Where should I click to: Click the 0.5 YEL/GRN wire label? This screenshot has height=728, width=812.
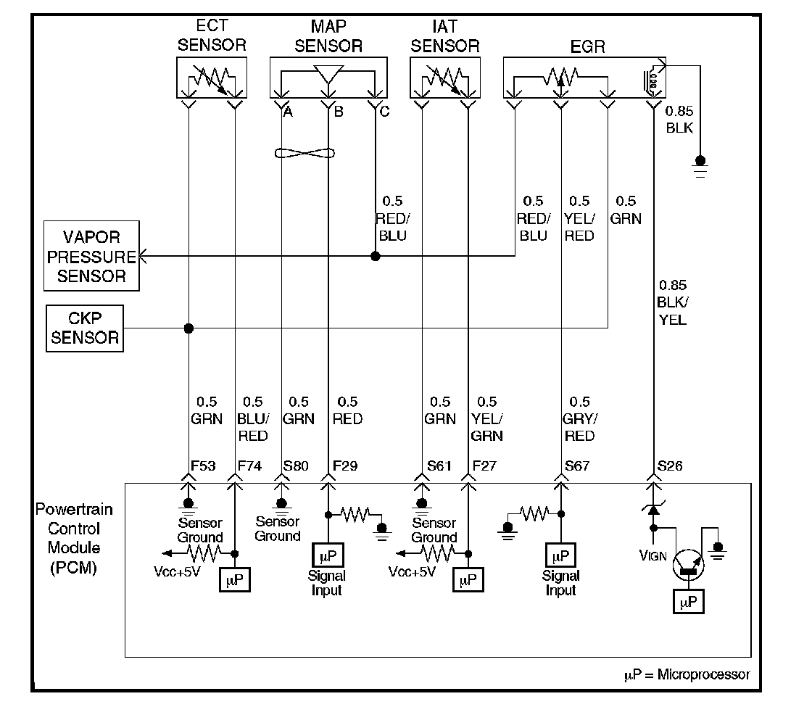pos(487,419)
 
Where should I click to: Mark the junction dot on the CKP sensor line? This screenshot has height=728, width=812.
pos(188,328)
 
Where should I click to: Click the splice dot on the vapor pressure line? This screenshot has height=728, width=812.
pos(375,257)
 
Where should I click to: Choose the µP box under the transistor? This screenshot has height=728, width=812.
pos(687,601)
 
